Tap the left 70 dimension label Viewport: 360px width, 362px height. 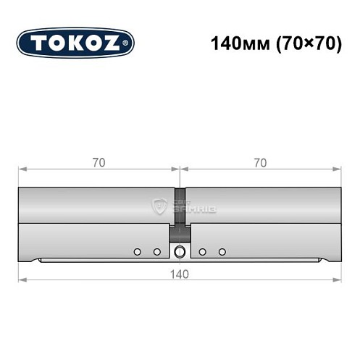click(99, 163)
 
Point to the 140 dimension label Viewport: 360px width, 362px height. click(180, 274)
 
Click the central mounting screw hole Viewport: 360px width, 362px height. click(180, 251)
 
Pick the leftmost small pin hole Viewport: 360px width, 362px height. click(136, 251)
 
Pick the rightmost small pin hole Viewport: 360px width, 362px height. click(222, 251)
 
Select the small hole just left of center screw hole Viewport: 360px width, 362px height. click(156, 251)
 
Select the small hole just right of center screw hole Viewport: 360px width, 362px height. click(203, 251)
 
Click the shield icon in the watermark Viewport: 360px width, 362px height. click(157, 207)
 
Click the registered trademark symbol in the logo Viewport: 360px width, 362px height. click(128, 43)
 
